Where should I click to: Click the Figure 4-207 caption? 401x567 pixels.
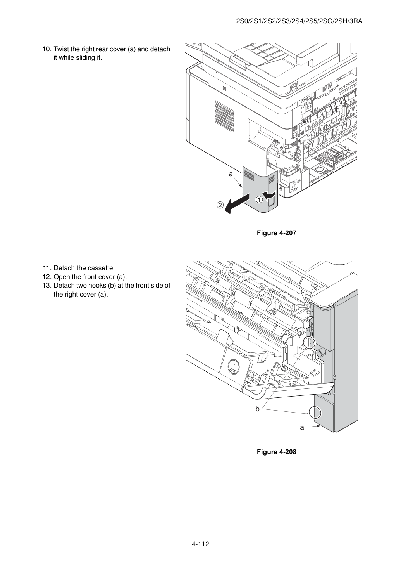[x=276, y=233]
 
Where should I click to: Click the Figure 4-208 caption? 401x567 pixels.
[x=276, y=452]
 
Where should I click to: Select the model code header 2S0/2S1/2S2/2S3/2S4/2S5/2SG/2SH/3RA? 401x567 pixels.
[x=299, y=21]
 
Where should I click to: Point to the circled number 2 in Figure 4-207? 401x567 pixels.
[x=220, y=205]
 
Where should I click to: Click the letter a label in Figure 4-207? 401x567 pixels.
[x=231, y=174]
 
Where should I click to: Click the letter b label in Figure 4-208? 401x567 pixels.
[x=257, y=409]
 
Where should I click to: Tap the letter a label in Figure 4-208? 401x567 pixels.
[x=302, y=428]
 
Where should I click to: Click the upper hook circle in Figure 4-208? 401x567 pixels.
[x=309, y=343]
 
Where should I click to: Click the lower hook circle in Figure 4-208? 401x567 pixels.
[x=315, y=413]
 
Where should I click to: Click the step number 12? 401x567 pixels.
[x=47, y=277]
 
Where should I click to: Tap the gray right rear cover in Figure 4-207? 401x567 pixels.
[x=260, y=189]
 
